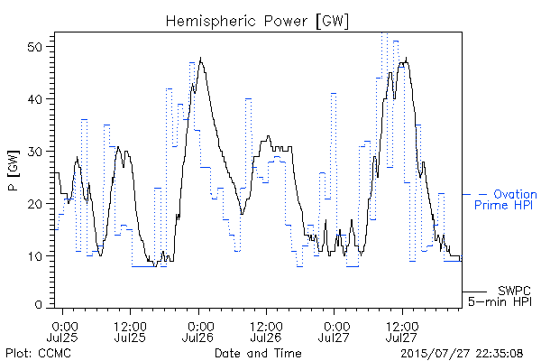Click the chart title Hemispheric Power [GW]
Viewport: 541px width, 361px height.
(257, 22)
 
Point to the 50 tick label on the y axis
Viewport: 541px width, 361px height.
(36, 47)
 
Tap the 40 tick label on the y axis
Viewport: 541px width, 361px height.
(36, 99)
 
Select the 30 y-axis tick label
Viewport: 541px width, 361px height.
(36, 152)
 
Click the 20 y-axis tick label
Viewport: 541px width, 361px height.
(36, 203)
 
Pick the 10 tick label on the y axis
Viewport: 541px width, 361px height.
(36, 256)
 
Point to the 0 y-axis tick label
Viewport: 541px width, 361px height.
(39, 305)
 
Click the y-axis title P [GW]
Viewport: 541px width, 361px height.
(14, 171)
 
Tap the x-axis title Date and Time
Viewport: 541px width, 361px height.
(258, 353)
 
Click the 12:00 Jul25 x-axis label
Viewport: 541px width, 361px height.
(130, 332)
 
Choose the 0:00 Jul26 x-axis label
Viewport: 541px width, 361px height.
(198, 332)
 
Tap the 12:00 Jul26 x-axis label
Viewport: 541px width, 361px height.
(266, 332)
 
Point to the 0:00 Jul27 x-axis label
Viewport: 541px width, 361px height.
(334, 332)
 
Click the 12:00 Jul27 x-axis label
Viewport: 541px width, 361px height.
(402, 332)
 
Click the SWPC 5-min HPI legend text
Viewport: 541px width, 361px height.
(500, 296)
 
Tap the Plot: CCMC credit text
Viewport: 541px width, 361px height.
(38, 353)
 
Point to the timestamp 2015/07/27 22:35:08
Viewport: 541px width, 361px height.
(462, 353)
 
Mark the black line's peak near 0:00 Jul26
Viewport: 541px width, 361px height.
(200, 58)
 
